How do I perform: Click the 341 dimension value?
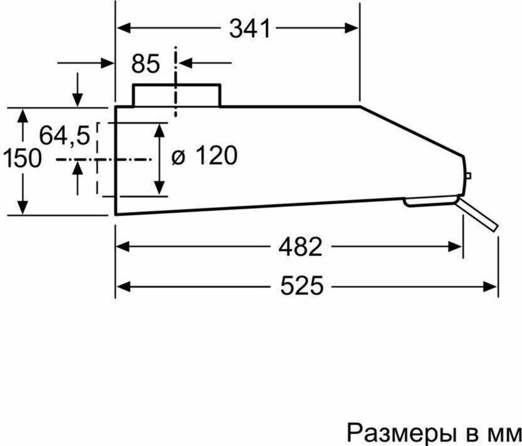[249, 28]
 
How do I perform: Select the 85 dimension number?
[145, 64]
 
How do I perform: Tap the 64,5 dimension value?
[65, 136]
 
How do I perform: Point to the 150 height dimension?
[22, 158]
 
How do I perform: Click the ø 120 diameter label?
[204, 155]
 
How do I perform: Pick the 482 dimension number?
[300, 247]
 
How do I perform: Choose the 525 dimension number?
[302, 286]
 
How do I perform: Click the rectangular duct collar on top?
[177, 95]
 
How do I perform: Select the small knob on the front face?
[468, 176]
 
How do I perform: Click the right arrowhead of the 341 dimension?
[352, 28]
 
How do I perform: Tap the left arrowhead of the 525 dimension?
[123, 286]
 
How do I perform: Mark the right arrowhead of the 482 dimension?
[455, 247]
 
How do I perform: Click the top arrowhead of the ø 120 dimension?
[160, 131]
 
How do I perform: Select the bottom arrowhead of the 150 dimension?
[22, 207]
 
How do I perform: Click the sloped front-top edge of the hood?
[412, 131]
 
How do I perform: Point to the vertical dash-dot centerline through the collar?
[175, 82]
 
